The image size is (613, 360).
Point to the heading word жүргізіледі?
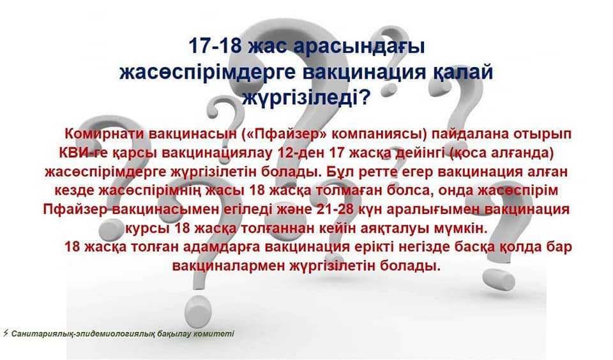tap(306, 98)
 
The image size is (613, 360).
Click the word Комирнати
tap(104, 133)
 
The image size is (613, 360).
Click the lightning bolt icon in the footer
tap(6, 333)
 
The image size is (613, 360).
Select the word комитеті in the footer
tap(216, 334)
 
